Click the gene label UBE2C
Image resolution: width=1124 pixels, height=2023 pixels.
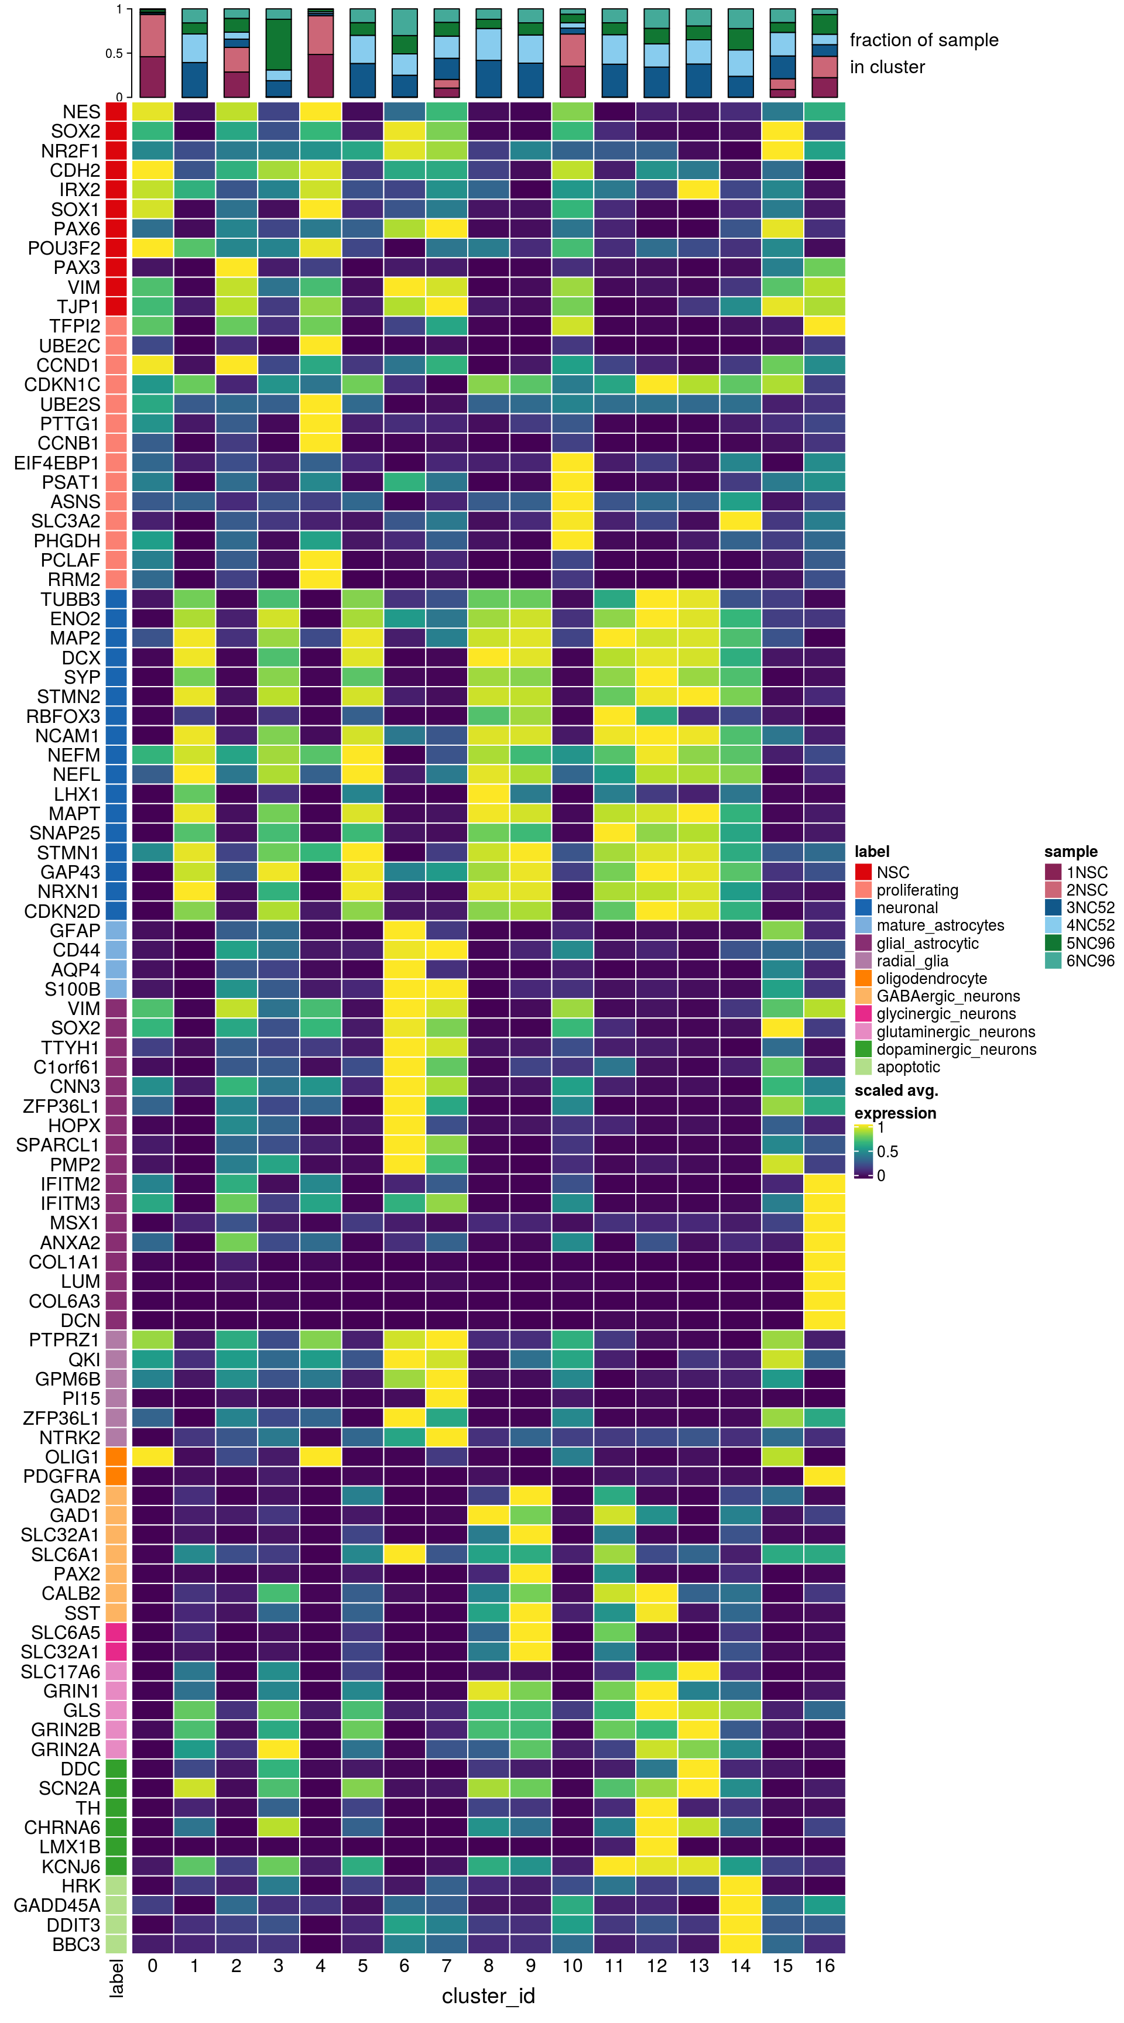point(69,345)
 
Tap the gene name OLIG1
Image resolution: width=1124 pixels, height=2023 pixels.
point(72,1457)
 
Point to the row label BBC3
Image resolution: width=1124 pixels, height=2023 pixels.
point(76,1943)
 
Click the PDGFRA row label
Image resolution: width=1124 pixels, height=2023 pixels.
point(61,1476)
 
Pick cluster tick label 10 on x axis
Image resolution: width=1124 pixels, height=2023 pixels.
point(573,1966)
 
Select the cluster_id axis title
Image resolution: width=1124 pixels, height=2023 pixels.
point(488,1995)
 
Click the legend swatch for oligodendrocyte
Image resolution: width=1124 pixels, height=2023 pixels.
point(863,979)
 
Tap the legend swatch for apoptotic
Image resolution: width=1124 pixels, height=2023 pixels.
point(863,1067)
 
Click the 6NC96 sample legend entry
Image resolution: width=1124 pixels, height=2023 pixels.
point(1089,961)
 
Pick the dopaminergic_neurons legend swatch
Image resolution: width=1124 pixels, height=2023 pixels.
point(863,1049)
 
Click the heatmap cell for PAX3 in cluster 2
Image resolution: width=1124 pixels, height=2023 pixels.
point(237,268)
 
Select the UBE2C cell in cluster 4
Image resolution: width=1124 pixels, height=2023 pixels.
point(320,345)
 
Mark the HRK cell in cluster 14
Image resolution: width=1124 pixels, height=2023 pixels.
point(741,1885)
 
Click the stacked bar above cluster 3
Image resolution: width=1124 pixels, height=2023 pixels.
point(278,53)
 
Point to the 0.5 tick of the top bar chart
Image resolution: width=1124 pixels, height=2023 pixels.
point(114,53)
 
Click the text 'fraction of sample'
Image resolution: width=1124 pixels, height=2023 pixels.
point(924,40)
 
